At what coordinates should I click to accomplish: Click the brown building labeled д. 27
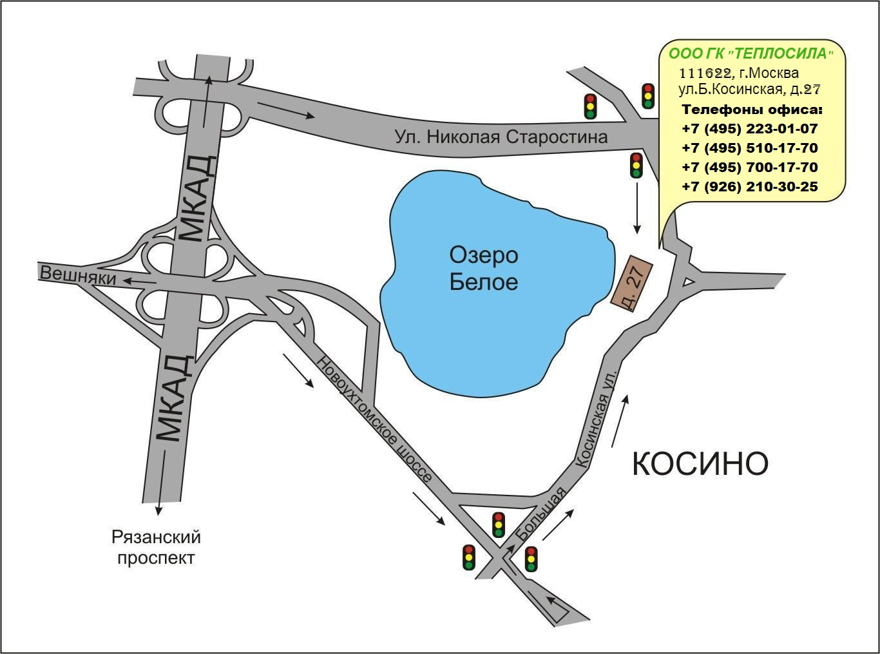point(631,284)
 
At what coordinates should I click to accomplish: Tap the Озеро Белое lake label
point(484,268)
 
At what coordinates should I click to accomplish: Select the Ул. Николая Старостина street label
point(501,137)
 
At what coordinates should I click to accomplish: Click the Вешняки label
point(78,275)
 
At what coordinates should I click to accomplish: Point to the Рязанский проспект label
point(156,547)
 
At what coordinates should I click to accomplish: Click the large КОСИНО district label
point(700,463)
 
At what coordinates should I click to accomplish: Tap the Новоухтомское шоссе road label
point(374,419)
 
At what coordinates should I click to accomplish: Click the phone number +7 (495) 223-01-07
point(749,129)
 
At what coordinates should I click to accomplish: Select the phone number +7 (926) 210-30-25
point(749,186)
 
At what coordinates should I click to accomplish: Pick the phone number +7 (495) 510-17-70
point(749,148)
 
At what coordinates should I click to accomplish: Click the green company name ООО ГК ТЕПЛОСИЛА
point(751,53)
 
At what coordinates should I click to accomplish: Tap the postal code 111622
point(705,73)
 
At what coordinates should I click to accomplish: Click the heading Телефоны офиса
point(752,110)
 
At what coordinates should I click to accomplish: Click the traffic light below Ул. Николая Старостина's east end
point(636,165)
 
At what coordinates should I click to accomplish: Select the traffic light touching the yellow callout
point(648,96)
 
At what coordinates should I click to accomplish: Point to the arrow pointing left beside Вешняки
point(140,282)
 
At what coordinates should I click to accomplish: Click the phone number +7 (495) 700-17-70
point(749,167)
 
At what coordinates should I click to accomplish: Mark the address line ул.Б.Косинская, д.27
point(749,90)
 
